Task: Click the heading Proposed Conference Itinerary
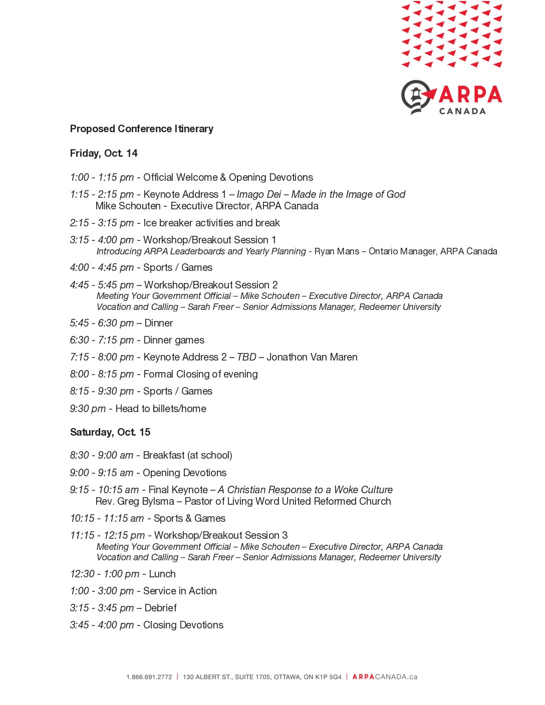(141, 129)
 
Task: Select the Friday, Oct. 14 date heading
(104, 153)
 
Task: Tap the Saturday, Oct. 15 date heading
(110, 432)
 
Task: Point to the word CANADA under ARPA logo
(462, 111)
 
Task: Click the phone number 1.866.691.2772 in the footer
(149, 677)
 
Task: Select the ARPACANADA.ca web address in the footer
(385, 677)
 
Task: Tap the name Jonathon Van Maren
(312, 357)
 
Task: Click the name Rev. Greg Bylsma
(135, 501)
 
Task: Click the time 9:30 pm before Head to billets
(88, 409)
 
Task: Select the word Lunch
(162, 574)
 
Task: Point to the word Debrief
(160, 608)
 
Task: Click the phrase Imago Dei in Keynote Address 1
(259, 194)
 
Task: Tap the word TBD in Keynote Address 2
(246, 357)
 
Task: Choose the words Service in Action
(180, 591)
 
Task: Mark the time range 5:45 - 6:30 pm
(102, 323)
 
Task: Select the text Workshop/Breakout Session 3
(221, 535)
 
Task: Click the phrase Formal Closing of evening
(200, 374)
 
